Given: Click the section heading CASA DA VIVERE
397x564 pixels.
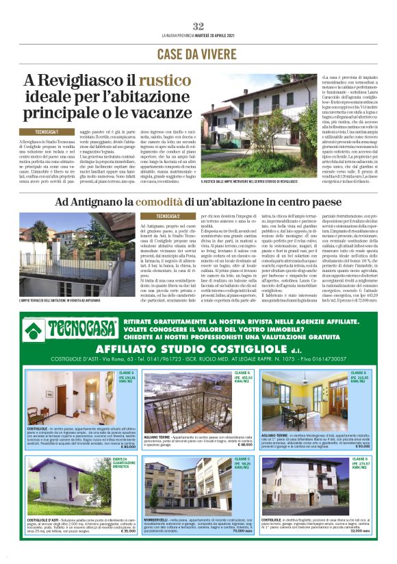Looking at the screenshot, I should pos(198,53).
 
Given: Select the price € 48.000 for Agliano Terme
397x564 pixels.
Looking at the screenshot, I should pos(244,445).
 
